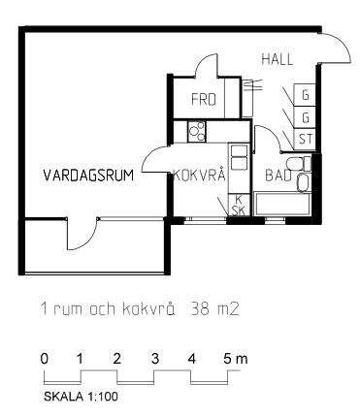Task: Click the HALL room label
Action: (x=278, y=59)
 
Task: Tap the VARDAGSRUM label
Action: (x=88, y=176)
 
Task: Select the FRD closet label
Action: (x=204, y=99)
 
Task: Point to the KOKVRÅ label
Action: (x=200, y=176)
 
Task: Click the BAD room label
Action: (x=278, y=176)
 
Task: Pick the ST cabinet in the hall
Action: (x=305, y=140)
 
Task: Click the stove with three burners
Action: (x=197, y=131)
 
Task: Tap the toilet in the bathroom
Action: (x=298, y=163)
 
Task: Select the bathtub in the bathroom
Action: (x=282, y=204)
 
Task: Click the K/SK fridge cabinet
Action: (x=239, y=205)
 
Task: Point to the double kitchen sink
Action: (x=239, y=156)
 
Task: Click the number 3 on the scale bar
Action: (x=155, y=359)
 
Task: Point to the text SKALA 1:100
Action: (x=81, y=397)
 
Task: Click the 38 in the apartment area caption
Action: (x=199, y=309)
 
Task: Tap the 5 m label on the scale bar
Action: (x=235, y=359)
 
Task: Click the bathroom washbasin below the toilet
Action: (x=303, y=182)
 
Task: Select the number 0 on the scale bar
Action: (x=45, y=359)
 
